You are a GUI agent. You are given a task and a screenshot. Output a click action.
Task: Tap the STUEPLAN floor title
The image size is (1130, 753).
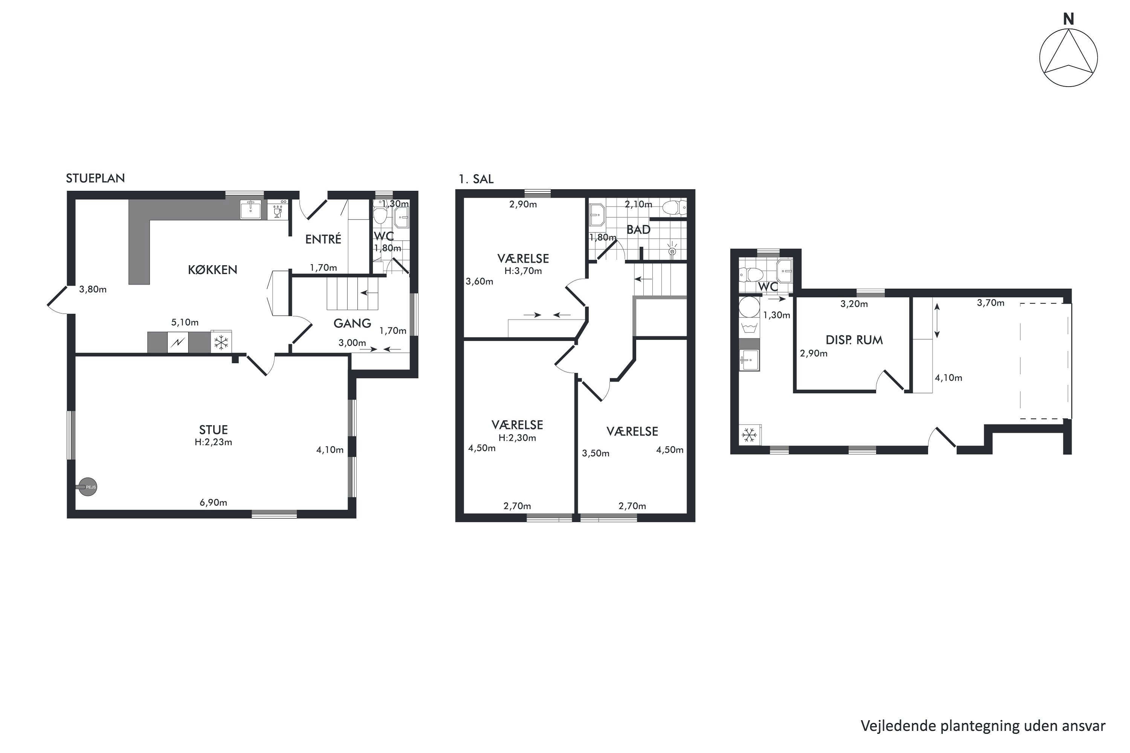tap(95, 178)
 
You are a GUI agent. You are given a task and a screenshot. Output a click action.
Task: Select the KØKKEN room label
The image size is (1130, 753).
tap(212, 270)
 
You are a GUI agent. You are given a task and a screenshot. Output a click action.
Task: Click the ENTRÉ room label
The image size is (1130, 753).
tap(323, 239)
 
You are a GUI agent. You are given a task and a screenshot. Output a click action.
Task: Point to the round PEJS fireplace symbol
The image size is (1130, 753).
tap(87, 487)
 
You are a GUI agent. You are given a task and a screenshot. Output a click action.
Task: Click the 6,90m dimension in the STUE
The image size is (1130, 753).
tap(213, 502)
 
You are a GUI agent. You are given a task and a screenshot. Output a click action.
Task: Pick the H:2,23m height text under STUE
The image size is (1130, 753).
tap(213, 442)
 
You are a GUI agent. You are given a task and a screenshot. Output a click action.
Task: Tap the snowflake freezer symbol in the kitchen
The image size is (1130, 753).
tap(221, 342)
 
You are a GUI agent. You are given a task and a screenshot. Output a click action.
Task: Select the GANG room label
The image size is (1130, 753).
tap(352, 323)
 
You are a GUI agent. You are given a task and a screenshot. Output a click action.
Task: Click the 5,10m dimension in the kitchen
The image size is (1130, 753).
tap(185, 322)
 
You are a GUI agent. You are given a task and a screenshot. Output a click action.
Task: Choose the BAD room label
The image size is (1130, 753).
tap(638, 230)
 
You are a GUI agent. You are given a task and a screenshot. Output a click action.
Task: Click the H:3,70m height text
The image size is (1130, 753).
tap(523, 271)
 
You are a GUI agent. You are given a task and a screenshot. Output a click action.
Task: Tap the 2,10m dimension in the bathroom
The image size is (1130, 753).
tap(638, 204)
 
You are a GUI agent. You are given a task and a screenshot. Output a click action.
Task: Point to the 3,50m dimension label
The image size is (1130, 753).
tap(596, 453)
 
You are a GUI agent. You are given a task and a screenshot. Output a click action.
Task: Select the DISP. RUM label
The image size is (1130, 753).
tap(854, 340)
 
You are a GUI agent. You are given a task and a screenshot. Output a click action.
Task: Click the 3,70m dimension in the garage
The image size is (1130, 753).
tap(991, 303)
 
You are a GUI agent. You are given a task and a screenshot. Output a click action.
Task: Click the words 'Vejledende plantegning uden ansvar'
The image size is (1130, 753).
tap(982, 726)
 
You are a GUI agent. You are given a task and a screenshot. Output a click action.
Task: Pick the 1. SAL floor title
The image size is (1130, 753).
tap(476, 179)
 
